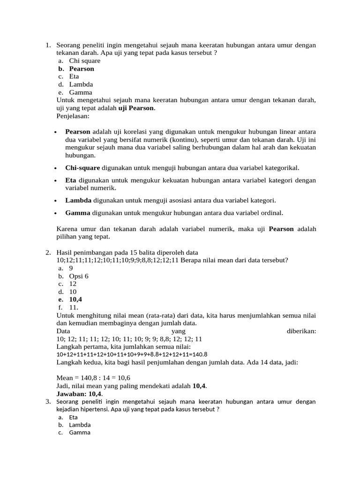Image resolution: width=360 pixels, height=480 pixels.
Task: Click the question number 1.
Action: [x=48, y=45]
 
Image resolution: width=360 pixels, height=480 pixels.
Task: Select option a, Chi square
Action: [x=84, y=61]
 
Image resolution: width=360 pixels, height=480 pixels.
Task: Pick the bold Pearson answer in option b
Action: [x=82, y=69]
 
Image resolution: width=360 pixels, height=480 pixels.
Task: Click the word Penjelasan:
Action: [x=72, y=116]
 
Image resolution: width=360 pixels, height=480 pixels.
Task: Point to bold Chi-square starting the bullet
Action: [x=82, y=168]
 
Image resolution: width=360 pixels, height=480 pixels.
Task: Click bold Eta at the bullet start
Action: [x=71, y=180]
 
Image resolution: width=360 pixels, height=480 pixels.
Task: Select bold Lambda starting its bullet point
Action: [x=78, y=201]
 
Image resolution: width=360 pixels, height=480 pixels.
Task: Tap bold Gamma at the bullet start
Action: [x=78, y=213]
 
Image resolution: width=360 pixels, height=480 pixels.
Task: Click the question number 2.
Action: [x=48, y=253]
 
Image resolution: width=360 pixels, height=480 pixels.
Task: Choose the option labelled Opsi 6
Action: [x=79, y=277]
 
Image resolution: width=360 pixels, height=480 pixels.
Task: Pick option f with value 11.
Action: [x=74, y=308]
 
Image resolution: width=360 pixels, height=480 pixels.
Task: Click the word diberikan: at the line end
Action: [x=301, y=331]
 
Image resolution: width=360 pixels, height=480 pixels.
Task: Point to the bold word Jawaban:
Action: [x=72, y=394]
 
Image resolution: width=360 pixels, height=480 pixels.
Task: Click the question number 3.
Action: [x=48, y=402]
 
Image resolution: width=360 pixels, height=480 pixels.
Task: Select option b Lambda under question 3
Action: [x=80, y=425]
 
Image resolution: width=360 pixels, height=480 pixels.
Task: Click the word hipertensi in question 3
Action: [x=97, y=409]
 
